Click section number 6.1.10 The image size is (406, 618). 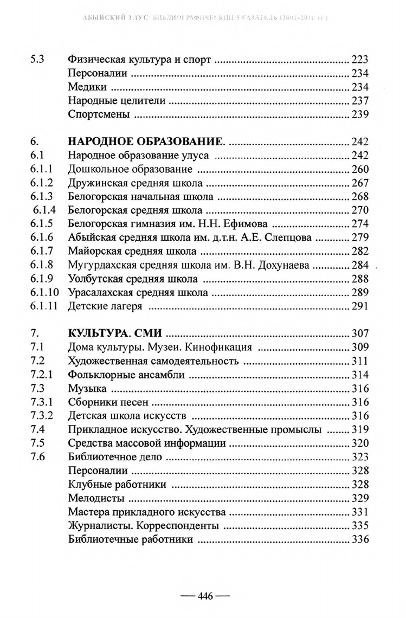(x=46, y=293)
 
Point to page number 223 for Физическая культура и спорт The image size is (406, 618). (x=360, y=60)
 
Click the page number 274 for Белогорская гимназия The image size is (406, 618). (x=360, y=224)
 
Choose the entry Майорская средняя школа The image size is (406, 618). (x=132, y=252)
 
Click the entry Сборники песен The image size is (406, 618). (x=108, y=402)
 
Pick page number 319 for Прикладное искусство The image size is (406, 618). (x=360, y=429)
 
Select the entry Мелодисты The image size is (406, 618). (x=97, y=498)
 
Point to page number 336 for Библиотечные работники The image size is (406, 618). (x=360, y=539)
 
